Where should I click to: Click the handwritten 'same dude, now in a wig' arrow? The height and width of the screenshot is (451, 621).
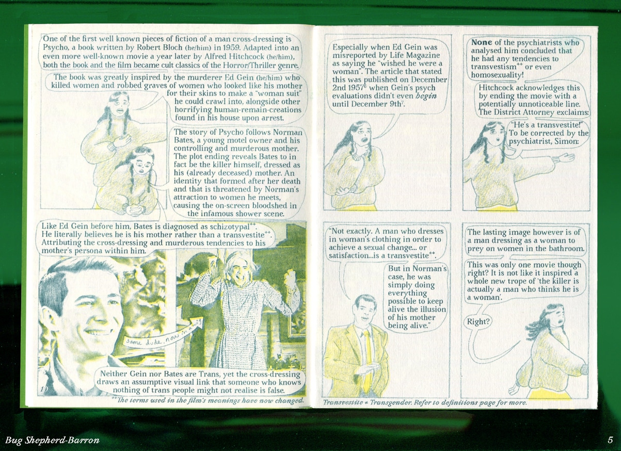pos(164,334)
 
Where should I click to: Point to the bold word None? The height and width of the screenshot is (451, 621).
pos(482,42)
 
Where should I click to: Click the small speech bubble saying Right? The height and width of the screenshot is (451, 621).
pos(477,322)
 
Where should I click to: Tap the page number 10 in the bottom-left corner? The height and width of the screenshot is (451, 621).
pos(44,389)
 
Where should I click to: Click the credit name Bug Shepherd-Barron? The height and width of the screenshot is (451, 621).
pos(53,440)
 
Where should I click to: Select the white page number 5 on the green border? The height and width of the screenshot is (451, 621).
pos(610,440)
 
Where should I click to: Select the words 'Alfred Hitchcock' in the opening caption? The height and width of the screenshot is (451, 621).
pos(234,56)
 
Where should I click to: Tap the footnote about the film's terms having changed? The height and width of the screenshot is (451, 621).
pos(208,400)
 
